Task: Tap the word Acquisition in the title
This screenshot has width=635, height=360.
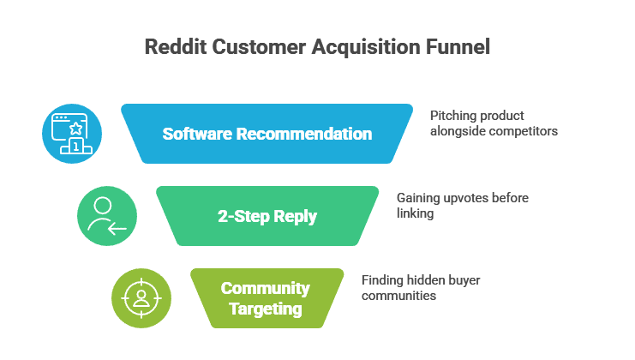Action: click(x=358, y=47)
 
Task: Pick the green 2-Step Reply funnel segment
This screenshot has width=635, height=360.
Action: click(x=267, y=216)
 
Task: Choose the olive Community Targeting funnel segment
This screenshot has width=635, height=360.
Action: click(x=265, y=297)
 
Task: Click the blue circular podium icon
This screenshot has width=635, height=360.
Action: click(x=72, y=134)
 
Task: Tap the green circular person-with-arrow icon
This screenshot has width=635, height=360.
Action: click(x=107, y=216)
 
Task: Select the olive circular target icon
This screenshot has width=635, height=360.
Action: click(x=141, y=297)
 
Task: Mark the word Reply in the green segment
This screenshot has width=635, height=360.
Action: click(x=295, y=216)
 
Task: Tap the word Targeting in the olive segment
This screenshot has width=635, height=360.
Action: click(x=265, y=308)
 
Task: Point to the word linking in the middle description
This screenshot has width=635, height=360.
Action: click(x=415, y=213)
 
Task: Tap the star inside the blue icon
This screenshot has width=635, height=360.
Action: click(x=75, y=129)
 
